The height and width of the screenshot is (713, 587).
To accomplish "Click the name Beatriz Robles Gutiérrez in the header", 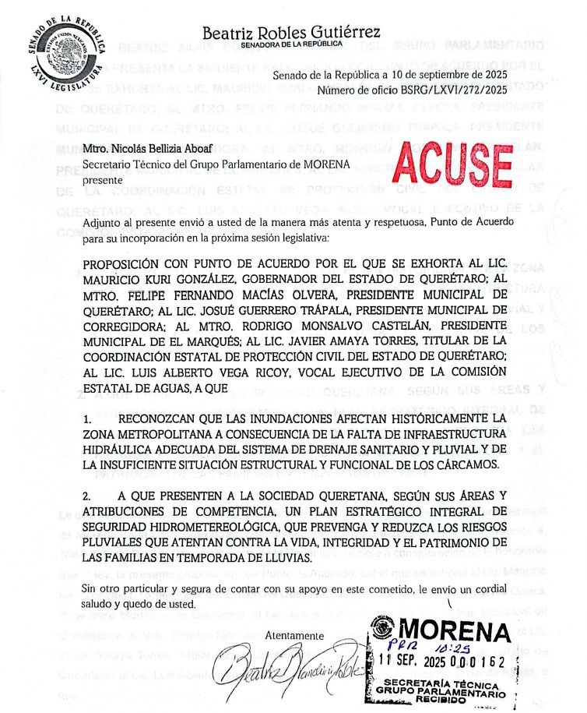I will coord(291,33).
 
